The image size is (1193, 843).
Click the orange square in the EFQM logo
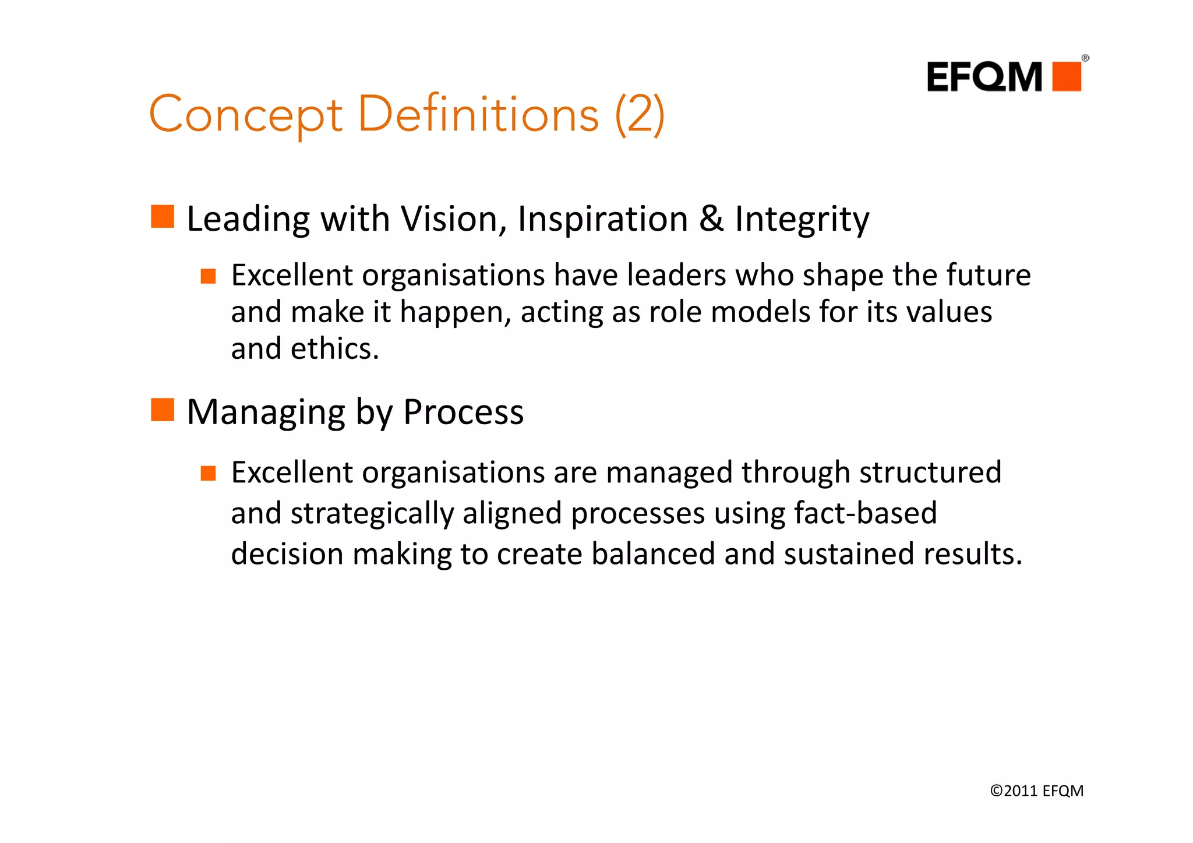click(x=1067, y=76)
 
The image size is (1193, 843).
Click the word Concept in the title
click(x=246, y=115)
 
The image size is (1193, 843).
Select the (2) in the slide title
click(x=639, y=115)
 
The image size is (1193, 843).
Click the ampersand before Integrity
click(x=711, y=219)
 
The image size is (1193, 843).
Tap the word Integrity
click(x=802, y=220)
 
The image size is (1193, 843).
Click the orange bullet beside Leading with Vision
click(x=163, y=217)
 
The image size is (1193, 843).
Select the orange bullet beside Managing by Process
click(x=163, y=410)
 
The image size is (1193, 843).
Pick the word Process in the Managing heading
click(x=463, y=412)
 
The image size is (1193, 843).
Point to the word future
click(x=988, y=275)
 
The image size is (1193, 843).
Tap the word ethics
click(x=334, y=348)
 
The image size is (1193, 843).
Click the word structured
click(x=930, y=472)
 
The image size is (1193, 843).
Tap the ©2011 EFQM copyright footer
click(x=1036, y=791)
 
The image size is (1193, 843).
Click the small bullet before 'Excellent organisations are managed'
click(x=208, y=473)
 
